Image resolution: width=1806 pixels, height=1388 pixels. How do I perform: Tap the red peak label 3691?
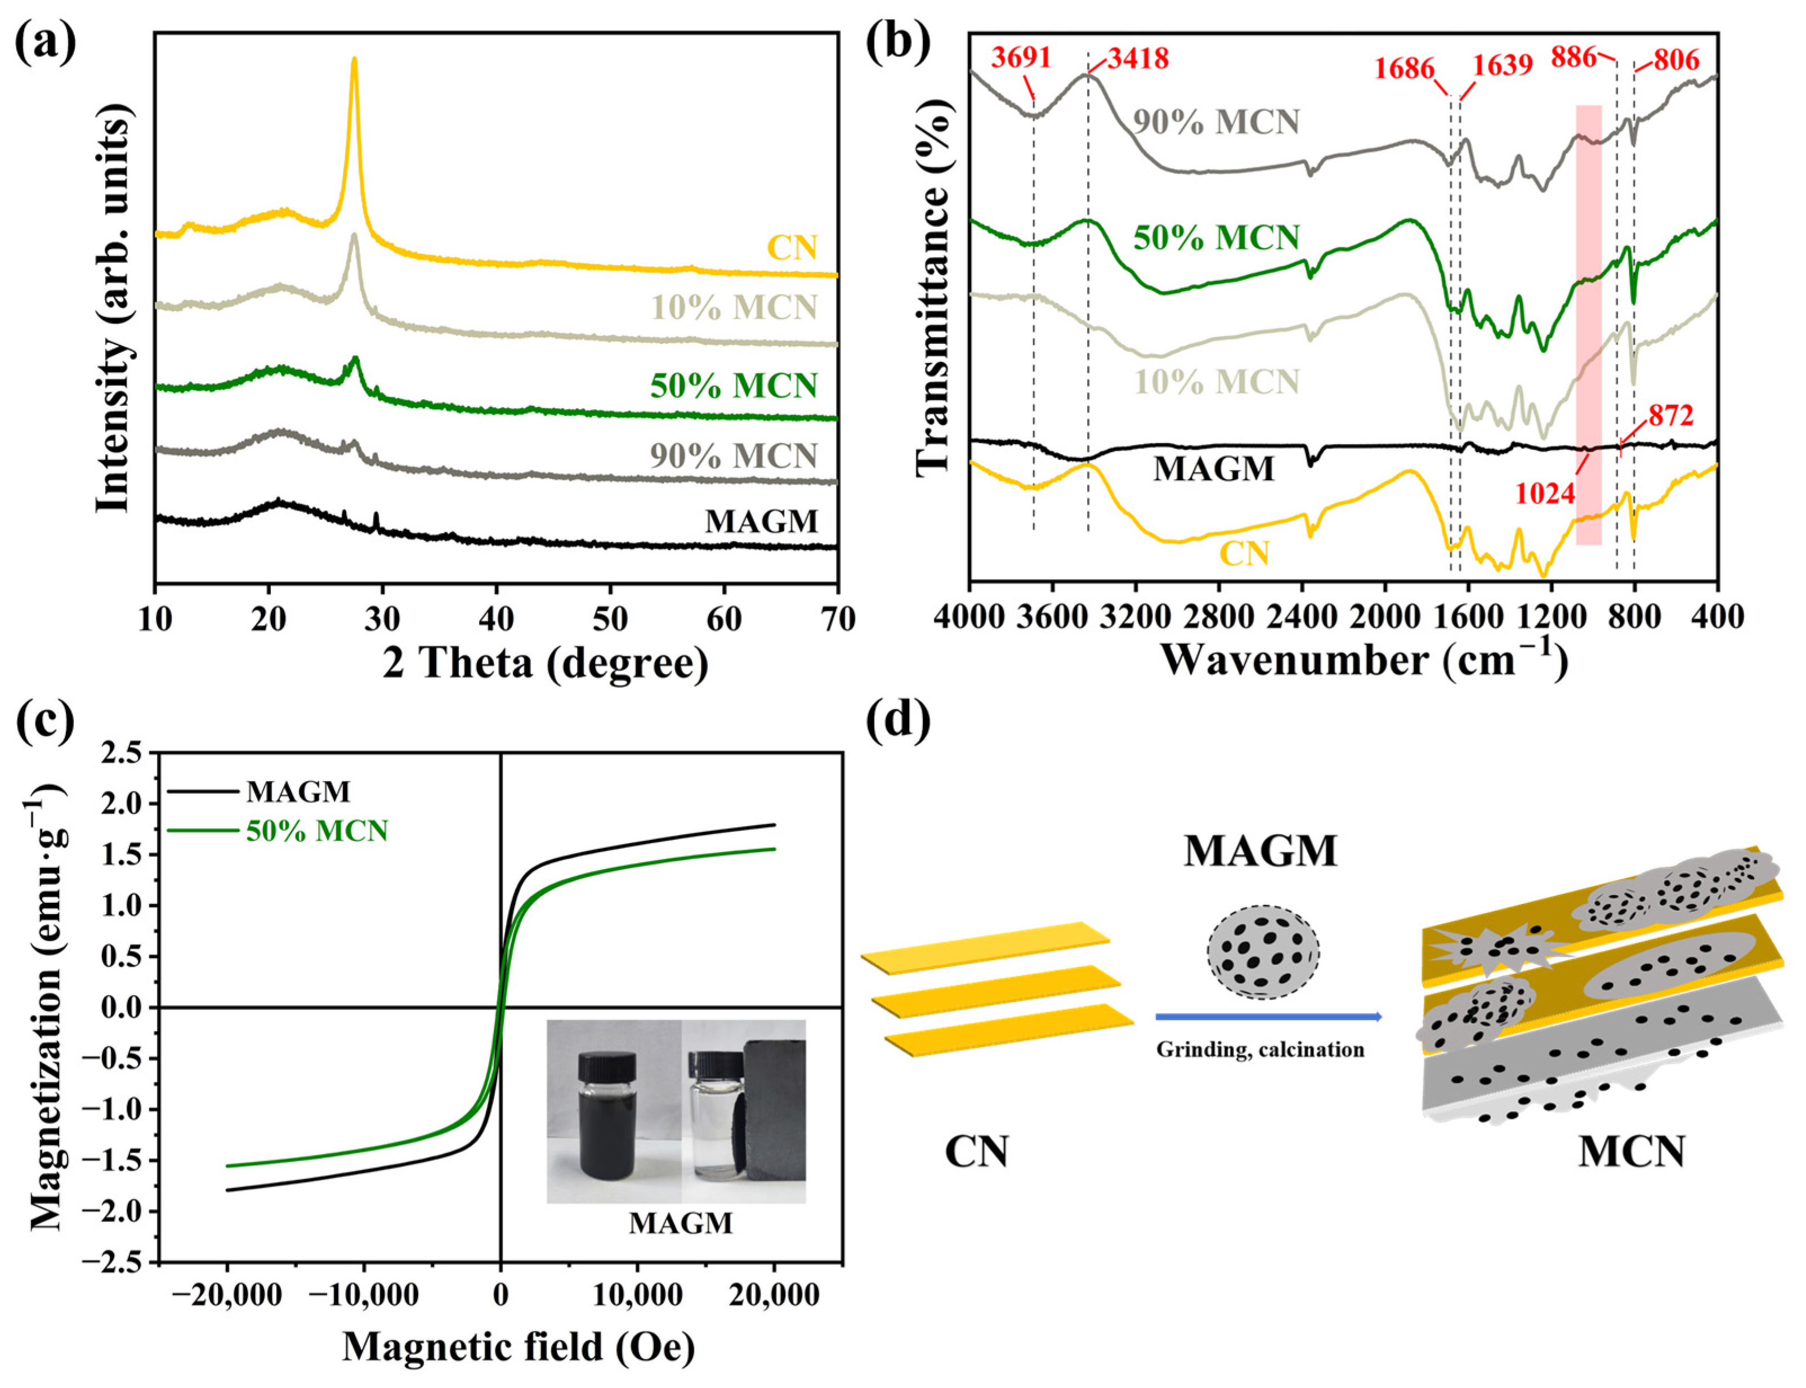[x=1021, y=58]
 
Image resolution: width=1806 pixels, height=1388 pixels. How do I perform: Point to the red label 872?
[x=1670, y=415]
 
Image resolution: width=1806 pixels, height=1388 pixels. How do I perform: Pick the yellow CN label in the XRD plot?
[x=792, y=247]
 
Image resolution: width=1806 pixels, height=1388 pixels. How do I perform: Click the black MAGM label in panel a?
[x=761, y=521]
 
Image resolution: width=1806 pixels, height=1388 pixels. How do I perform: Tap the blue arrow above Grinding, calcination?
[x=1268, y=1017]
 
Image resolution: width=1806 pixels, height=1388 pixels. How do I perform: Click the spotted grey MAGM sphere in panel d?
[x=1262, y=954]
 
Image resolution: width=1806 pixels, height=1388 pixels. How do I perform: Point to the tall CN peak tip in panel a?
[x=355, y=60]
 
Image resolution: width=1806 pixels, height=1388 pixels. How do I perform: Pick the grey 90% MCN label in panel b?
[x=1216, y=122]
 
